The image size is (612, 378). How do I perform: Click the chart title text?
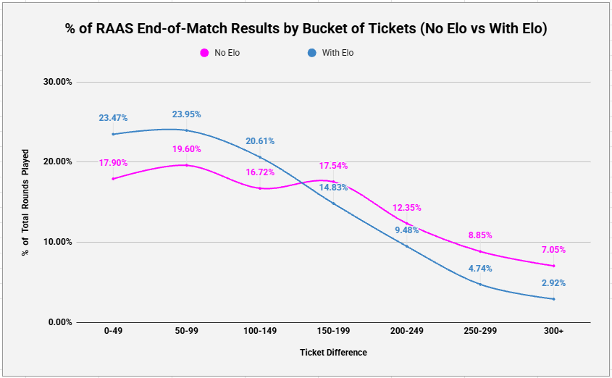(x=306, y=28)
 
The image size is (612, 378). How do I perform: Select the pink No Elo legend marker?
(x=204, y=53)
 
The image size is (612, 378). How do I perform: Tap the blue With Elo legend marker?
(x=312, y=53)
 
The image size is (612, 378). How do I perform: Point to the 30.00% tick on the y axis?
(x=57, y=82)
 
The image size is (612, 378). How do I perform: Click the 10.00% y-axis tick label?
(x=57, y=242)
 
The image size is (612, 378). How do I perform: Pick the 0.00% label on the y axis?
(x=60, y=322)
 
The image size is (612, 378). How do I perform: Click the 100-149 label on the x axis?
(x=260, y=331)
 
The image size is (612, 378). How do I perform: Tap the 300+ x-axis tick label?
(x=553, y=331)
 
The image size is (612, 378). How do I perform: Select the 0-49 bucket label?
(x=113, y=331)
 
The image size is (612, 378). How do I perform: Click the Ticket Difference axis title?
(x=333, y=353)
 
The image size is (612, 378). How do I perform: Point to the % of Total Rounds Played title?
(x=25, y=203)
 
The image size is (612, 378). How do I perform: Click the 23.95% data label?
(x=187, y=114)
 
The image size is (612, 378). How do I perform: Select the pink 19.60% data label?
(x=187, y=149)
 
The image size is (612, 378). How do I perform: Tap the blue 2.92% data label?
(x=553, y=283)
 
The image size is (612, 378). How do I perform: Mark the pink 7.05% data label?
(x=553, y=250)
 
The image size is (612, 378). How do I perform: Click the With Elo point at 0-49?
(x=113, y=134)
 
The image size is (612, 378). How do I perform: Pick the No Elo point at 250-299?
(x=480, y=251)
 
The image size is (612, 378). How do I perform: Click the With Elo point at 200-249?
(x=407, y=246)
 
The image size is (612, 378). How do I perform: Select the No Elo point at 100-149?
(x=260, y=188)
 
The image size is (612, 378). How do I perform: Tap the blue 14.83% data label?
(x=333, y=188)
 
